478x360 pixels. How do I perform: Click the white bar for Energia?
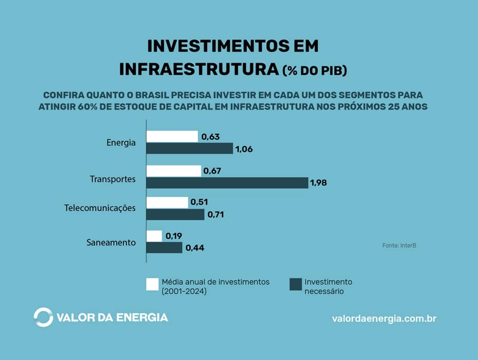172,136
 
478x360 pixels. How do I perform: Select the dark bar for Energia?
190,149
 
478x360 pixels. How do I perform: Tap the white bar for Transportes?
174,171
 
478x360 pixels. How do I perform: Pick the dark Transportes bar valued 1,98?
227,183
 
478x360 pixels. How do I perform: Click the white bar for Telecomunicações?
168,202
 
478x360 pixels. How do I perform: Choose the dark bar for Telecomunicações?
175,214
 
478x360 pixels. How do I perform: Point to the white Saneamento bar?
154,236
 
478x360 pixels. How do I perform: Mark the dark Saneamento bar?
164,247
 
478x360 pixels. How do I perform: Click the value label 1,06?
244,150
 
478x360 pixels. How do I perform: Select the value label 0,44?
194,248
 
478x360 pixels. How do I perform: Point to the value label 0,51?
199,203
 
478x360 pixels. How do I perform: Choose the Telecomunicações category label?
100,208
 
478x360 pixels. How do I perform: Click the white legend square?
152,284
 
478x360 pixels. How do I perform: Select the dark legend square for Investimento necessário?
295,284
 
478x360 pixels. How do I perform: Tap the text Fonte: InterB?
399,246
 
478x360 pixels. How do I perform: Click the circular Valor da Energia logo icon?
43,317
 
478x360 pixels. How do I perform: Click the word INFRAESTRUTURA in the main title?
199,69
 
